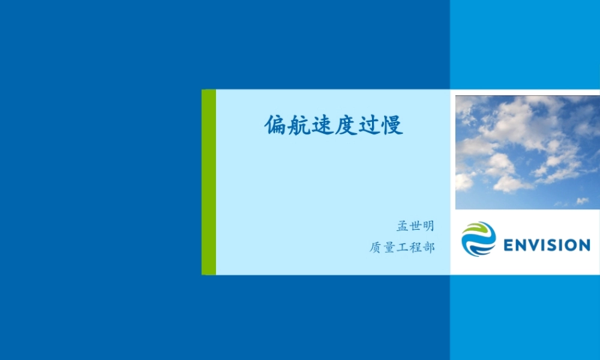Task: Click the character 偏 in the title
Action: [x=276, y=125]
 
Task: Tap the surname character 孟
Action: [x=402, y=226]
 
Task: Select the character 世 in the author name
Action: [x=415, y=226]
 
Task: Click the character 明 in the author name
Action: [x=427, y=226]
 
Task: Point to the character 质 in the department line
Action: [x=376, y=247]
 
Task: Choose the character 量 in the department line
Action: [x=389, y=247]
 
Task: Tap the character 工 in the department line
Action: [x=402, y=247]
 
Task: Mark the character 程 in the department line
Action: [x=415, y=247]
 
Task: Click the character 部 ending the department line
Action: [x=428, y=247]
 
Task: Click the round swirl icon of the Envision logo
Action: [x=478, y=239]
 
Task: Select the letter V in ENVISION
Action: [x=534, y=245]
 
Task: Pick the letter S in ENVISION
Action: [x=552, y=245]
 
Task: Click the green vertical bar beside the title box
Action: [x=209, y=182]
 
